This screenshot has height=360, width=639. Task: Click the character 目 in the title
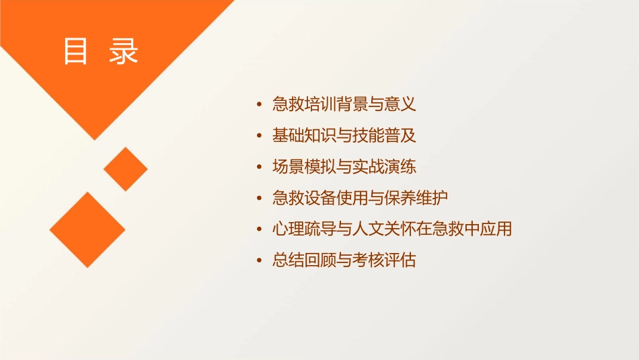click(x=75, y=51)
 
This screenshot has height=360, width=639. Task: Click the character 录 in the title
click(x=123, y=51)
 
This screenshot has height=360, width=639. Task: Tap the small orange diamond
click(x=126, y=169)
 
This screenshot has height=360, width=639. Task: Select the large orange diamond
click(x=87, y=229)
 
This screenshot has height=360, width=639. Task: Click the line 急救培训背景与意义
click(x=344, y=104)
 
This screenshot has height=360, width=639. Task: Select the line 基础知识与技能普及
click(x=344, y=135)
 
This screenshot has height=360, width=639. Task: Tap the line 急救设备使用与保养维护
click(x=360, y=198)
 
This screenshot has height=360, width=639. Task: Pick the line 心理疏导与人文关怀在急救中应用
click(x=392, y=229)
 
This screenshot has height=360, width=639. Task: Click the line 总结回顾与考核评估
click(x=344, y=260)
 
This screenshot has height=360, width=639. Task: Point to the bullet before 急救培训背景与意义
click(x=260, y=105)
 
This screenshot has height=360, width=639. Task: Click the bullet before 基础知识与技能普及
click(x=260, y=136)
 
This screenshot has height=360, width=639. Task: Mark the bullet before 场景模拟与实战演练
click(x=260, y=167)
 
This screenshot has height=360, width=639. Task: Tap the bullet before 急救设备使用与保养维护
click(x=260, y=199)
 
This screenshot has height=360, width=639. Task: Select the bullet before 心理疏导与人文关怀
click(x=260, y=229)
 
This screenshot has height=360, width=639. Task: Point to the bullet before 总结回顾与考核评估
click(x=260, y=260)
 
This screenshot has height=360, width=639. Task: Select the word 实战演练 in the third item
click(x=392, y=166)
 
